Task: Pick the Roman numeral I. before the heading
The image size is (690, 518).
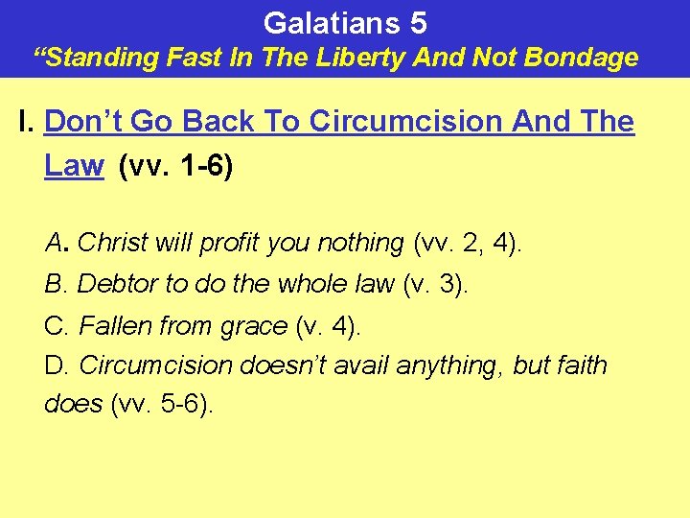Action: point(27,122)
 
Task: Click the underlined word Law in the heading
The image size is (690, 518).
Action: point(74,165)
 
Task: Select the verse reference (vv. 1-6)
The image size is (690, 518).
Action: point(175,166)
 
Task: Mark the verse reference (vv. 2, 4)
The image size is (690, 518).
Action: point(468,243)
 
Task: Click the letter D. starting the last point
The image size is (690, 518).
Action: point(57,365)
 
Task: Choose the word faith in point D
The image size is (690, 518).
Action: point(580,365)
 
